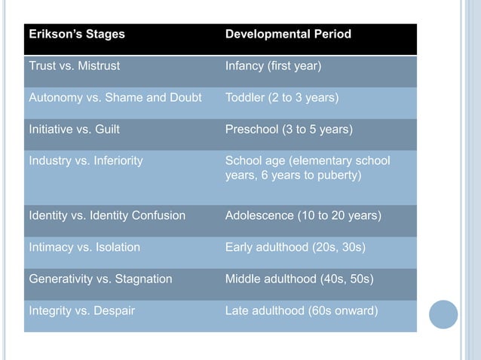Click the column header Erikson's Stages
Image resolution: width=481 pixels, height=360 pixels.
(x=77, y=35)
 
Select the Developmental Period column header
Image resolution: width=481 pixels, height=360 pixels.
(x=288, y=35)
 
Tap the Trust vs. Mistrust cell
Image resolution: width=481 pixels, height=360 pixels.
(x=74, y=66)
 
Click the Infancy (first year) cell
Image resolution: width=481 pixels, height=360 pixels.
(x=273, y=66)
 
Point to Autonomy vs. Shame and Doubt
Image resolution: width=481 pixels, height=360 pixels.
(x=115, y=98)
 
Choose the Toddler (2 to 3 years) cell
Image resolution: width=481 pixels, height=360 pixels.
(x=281, y=98)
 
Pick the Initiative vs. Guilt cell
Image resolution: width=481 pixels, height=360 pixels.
(x=74, y=130)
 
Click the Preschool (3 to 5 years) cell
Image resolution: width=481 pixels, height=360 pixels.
(x=288, y=130)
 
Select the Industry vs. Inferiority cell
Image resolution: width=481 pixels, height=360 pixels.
(x=85, y=160)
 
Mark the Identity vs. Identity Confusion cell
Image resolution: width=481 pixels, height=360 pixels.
(x=106, y=215)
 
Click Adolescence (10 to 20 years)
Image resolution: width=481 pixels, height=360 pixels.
(x=303, y=215)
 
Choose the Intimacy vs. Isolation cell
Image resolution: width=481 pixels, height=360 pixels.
(x=84, y=247)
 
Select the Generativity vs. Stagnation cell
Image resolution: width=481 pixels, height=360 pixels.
(x=100, y=279)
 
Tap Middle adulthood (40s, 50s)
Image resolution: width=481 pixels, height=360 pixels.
(x=298, y=279)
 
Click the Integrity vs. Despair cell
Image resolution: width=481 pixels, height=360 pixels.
(x=81, y=310)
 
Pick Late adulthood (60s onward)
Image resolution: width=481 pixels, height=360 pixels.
(x=301, y=310)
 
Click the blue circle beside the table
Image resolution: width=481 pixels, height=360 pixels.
(x=443, y=314)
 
